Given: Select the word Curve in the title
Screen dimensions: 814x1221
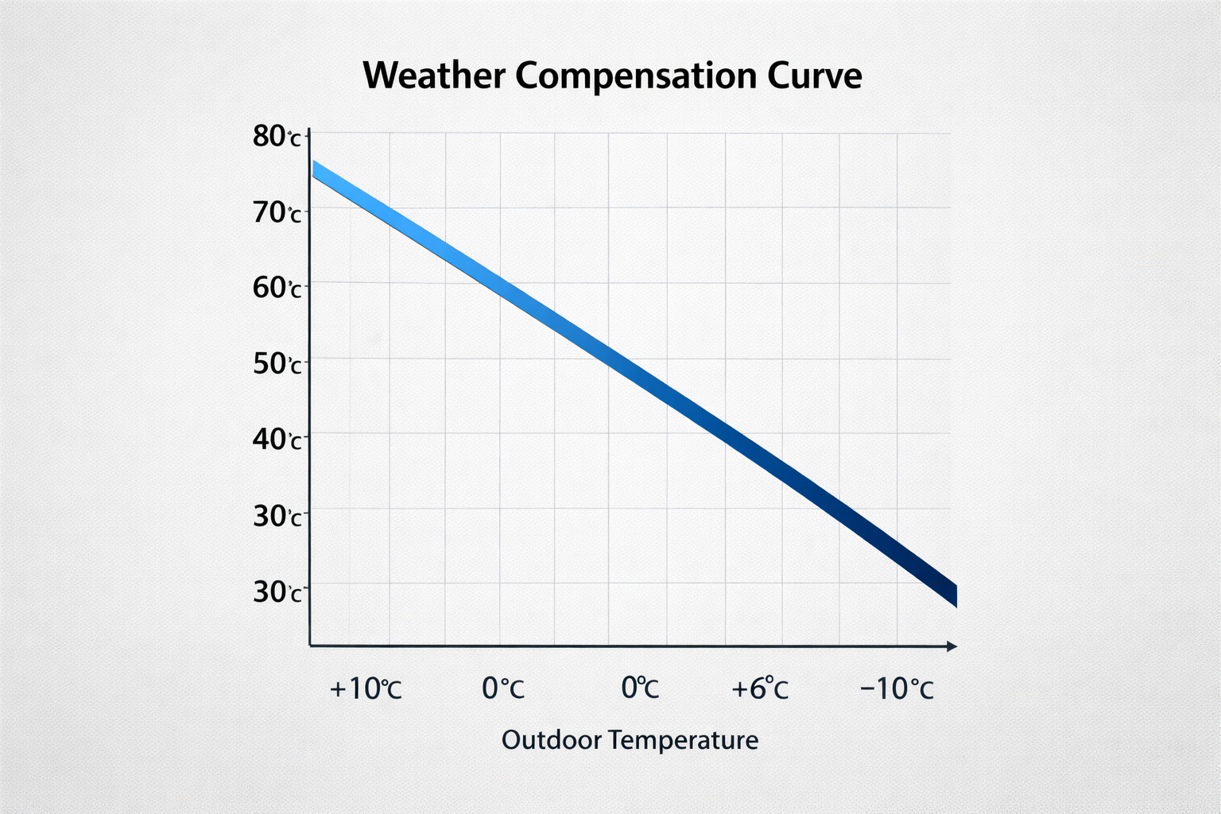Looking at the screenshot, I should [815, 76].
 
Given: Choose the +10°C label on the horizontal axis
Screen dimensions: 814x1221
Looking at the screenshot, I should [366, 688].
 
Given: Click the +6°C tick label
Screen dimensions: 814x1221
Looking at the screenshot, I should [760, 688].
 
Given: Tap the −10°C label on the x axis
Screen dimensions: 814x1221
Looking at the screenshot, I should [897, 688].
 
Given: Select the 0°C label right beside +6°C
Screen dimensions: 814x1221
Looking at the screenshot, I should [640, 688].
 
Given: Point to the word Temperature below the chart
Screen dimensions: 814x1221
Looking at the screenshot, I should [684, 741].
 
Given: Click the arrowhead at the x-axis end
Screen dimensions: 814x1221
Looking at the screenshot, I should [952, 646].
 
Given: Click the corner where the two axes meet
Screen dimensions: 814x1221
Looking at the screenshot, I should [309, 645].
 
